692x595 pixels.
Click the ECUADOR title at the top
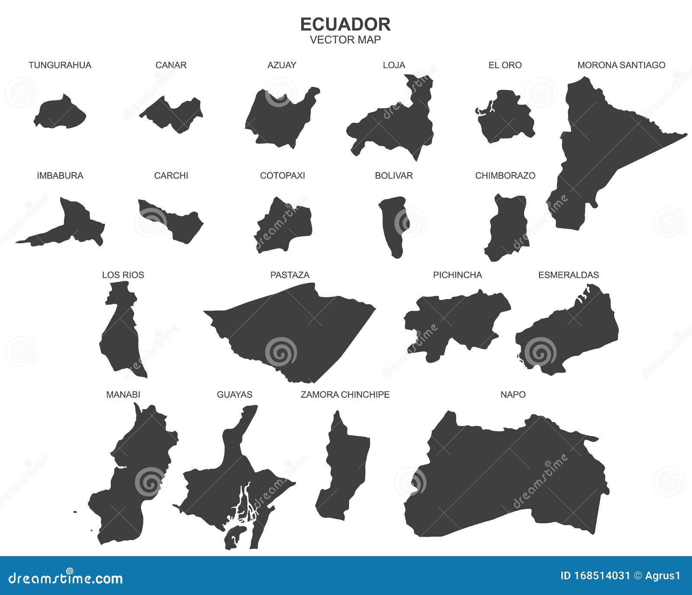point(345,25)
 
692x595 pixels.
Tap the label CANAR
point(171,65)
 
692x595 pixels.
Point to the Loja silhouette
point(398,125)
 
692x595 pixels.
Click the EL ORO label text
point(505,65)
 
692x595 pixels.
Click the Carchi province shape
point(177,220)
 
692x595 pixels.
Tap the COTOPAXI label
point(282,176)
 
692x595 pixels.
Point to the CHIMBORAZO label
point(505,176)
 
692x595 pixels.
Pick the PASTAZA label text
point(290,275)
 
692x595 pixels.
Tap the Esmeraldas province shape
point(571,333)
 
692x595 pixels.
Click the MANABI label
point(123,395)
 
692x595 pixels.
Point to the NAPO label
point(513,395)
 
